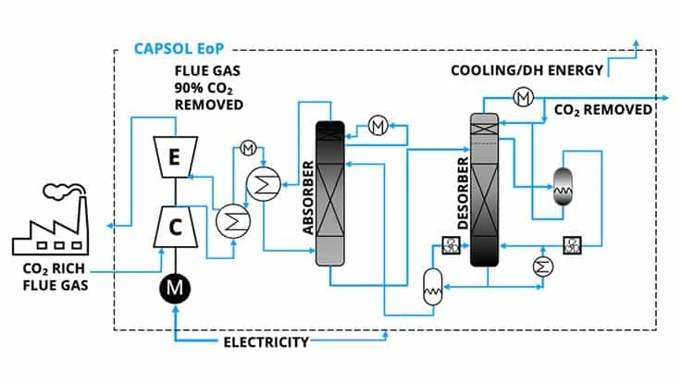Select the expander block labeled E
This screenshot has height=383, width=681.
coord(173,158)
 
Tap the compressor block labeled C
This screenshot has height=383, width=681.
coord(173,222)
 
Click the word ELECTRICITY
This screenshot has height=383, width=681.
coord(266,342)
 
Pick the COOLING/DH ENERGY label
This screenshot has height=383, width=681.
coord(526,70)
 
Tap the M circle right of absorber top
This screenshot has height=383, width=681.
coord(378,125)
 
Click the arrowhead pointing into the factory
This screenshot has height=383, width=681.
coord(111,225)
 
